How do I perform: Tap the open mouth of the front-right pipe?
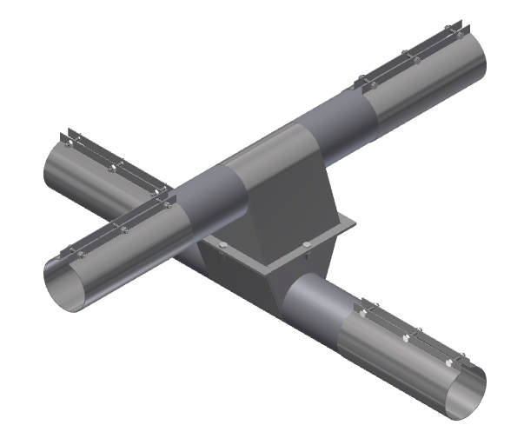(x=464, y=396)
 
